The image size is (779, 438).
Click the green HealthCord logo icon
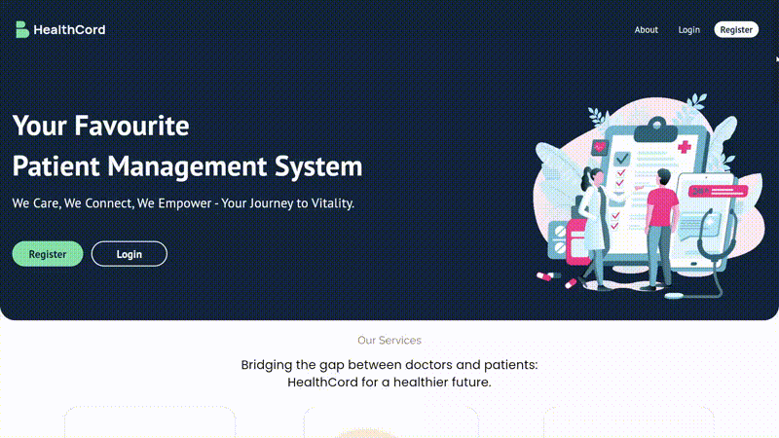(21, 29)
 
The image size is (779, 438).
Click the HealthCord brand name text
(69, 30)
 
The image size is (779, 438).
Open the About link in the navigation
(646, 30)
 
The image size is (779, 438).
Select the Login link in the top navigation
(689, 30)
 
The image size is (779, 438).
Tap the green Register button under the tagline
(48, 254)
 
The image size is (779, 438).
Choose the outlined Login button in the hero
(130, 254)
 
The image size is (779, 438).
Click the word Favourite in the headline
(131, 126)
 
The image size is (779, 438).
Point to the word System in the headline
(318, 165)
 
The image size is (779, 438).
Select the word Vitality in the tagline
(332, 203)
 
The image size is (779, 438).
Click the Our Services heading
(389, 340)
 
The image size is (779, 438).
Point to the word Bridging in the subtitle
(267, 365)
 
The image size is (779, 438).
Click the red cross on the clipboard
(685, 147)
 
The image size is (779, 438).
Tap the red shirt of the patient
(662, 206)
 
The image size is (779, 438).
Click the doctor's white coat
(594, 218)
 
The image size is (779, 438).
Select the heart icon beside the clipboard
(600, 148)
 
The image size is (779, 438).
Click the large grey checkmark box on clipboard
(622, 159)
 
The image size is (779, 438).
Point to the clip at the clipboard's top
(655, 130)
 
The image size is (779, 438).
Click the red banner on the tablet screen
(718, 191)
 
